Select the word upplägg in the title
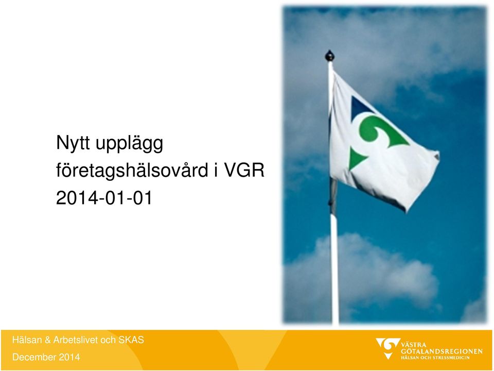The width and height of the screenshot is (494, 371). [129, 144]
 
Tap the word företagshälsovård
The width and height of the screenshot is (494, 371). [132, 171]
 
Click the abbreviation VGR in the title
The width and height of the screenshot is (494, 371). [243, 171]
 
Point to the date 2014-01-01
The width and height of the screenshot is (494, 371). [104, 198]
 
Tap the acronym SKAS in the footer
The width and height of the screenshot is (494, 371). [131, 340]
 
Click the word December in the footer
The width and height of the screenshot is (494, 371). [34, 357]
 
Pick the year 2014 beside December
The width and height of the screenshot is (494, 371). [69, 357]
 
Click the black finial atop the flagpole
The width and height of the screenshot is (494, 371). [329, 56]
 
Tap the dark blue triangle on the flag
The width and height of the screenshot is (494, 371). [360, 106]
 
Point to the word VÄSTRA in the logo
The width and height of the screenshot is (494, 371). [413, 345]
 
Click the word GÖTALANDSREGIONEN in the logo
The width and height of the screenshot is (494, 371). [442, 351]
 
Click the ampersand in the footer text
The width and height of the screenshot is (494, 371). [47, 340]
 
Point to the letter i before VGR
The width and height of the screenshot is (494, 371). [216, 171]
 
